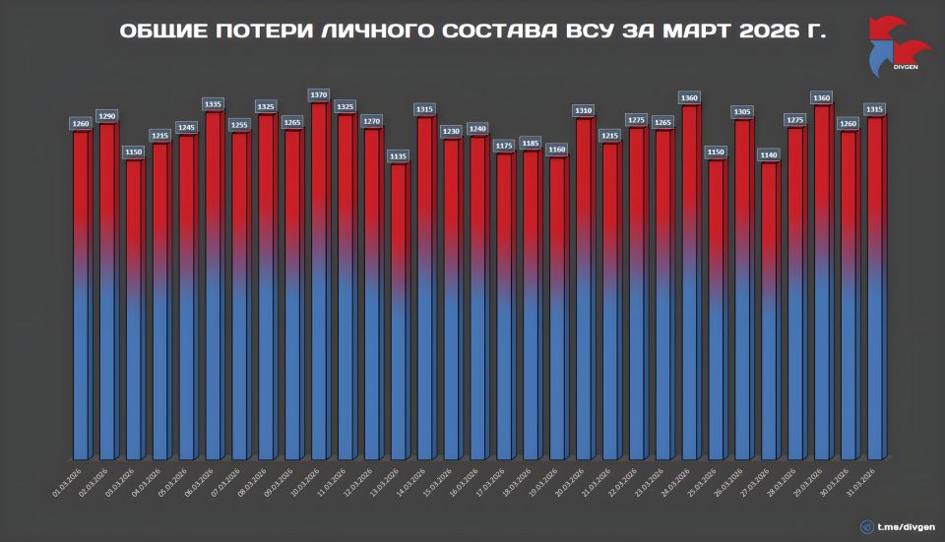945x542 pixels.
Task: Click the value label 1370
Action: pyautogui.click(x=318, y=94)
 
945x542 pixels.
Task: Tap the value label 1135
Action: pyautogui.click(x=398, y=155)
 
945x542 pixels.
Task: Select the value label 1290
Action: pyautogui.click(x=106, y=116)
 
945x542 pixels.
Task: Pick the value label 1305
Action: pyautogui.click(x=743, y=112)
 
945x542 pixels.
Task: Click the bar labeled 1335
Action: pyautogui.click(x=212, y=285)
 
